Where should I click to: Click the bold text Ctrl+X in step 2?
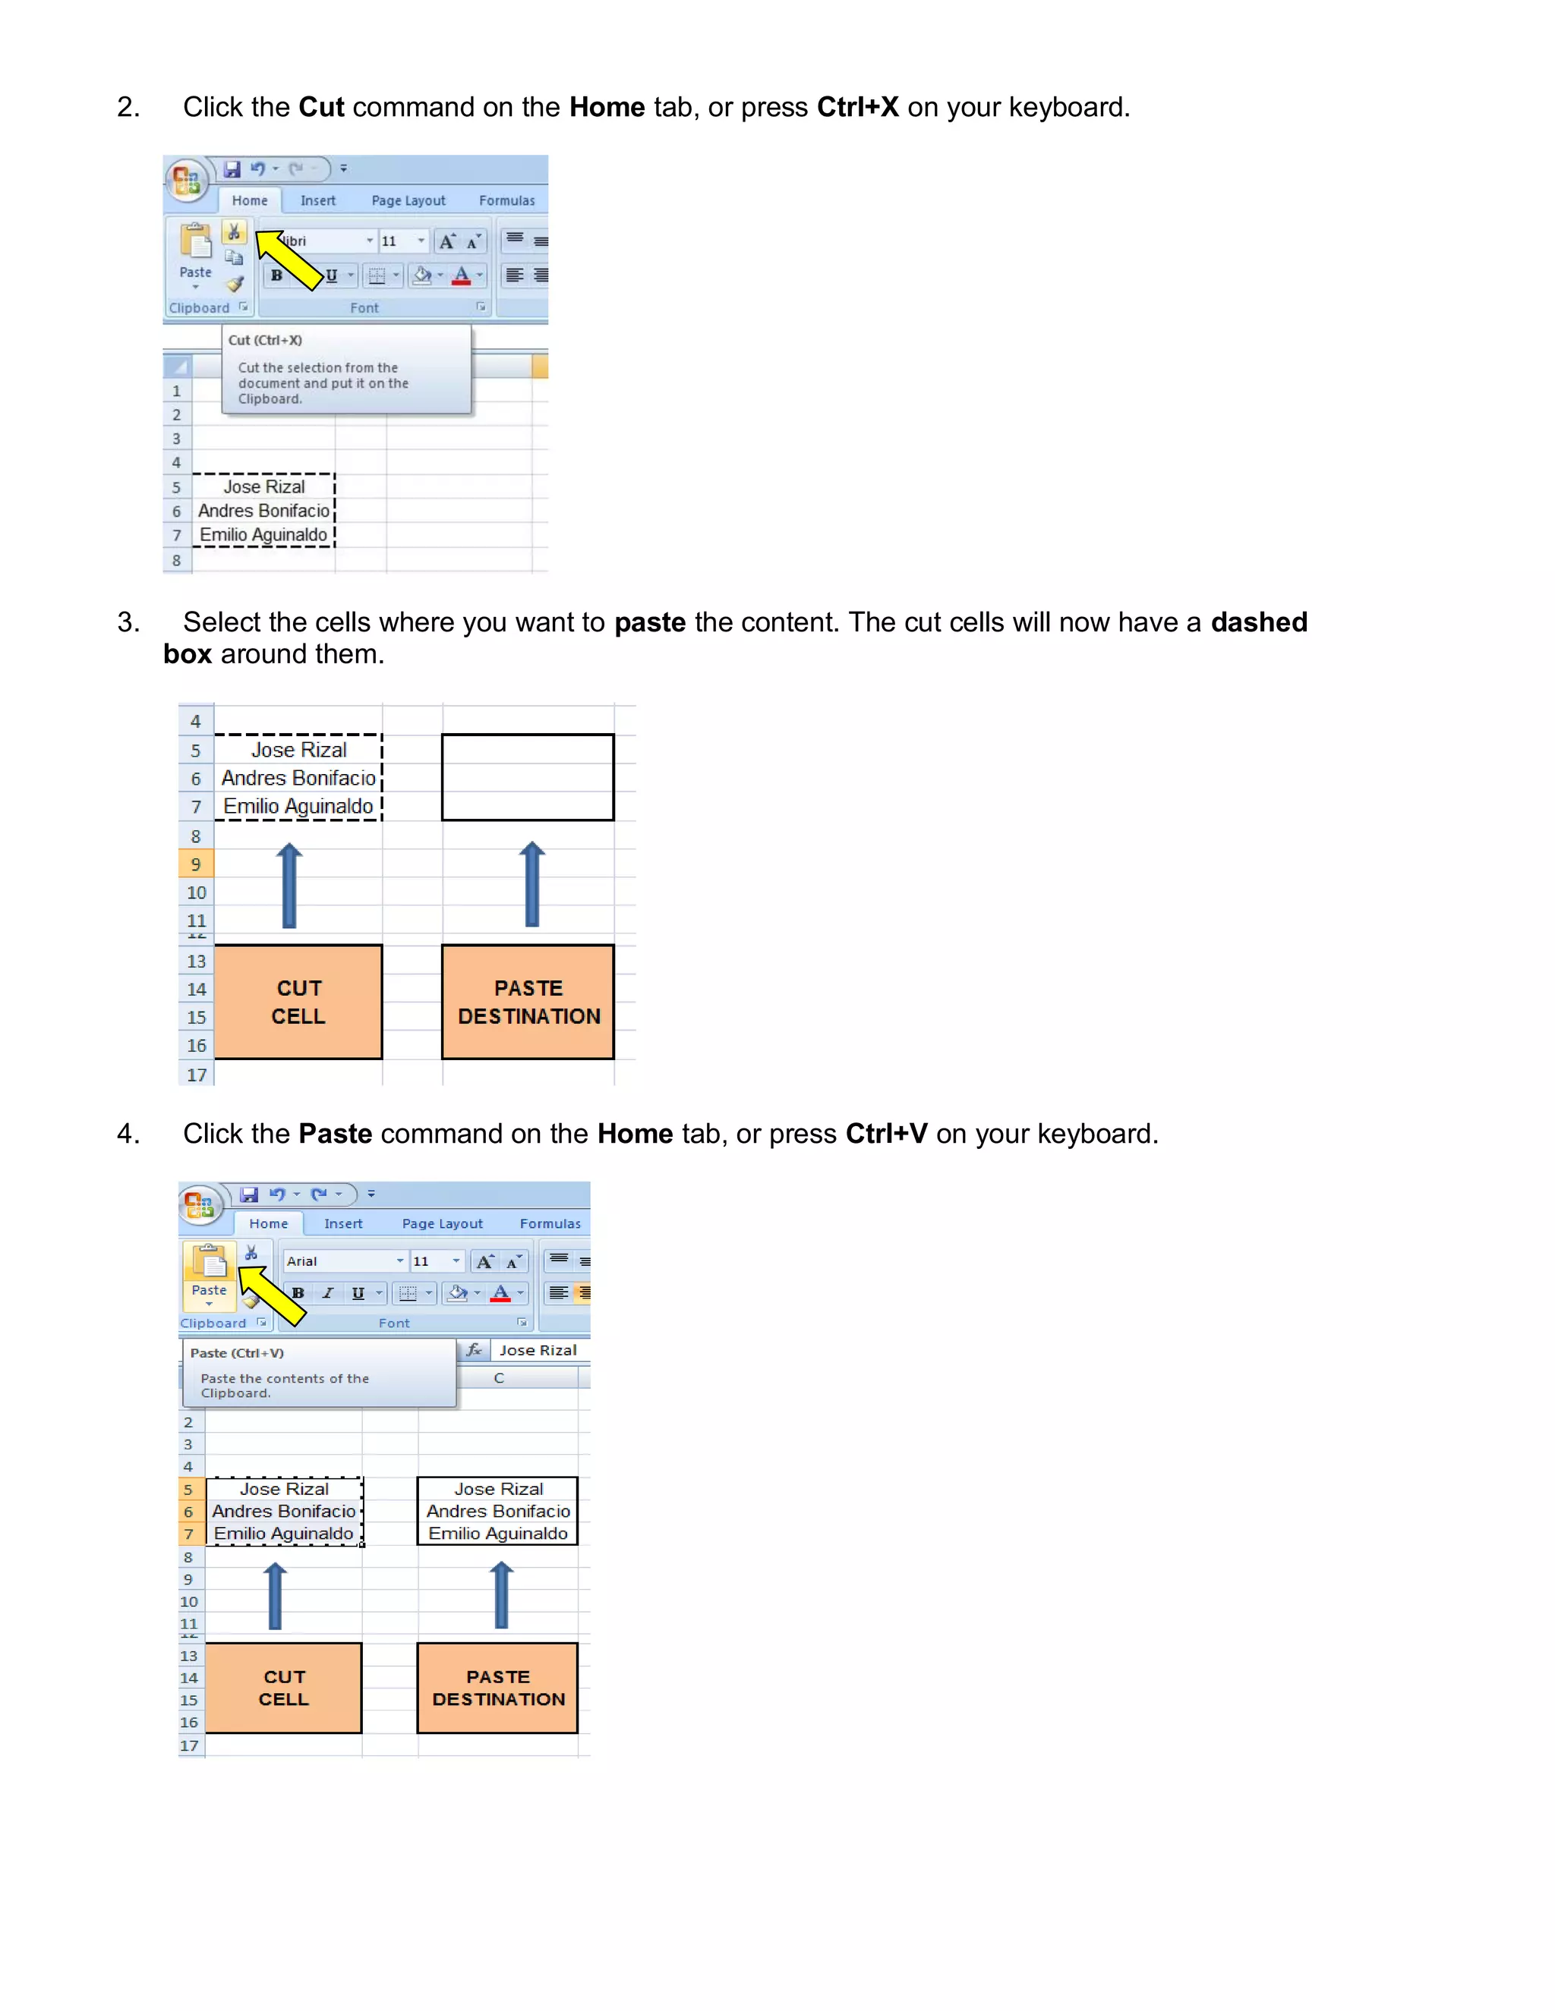pyautogui.click(x=856, y=108)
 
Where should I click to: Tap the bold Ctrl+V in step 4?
pyautogui.click(x=885, y=1134)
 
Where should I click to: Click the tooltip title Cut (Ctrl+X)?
pyautogui.click(x=265, y=341)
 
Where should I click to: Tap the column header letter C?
pyautogui.click(x=498, y=1378)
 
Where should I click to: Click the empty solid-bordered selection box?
pyautogui.click(x=527, y=777)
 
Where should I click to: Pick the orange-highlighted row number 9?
pyautogui.click(x=195, y=864)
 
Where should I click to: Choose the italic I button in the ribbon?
pyautogui.click(x=328, y=1293)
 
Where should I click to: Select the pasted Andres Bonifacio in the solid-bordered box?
pyautogui.click(x=497, y=1511)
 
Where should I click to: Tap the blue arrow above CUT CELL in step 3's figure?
pyautogui.click(x=289, y=885)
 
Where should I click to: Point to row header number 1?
pyautogui.click(x=177, y=392)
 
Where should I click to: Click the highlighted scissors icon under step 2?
pyautogui.click(x=234, y=231)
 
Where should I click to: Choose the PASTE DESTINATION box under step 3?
pyautogui.click(x=528, y=1002)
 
